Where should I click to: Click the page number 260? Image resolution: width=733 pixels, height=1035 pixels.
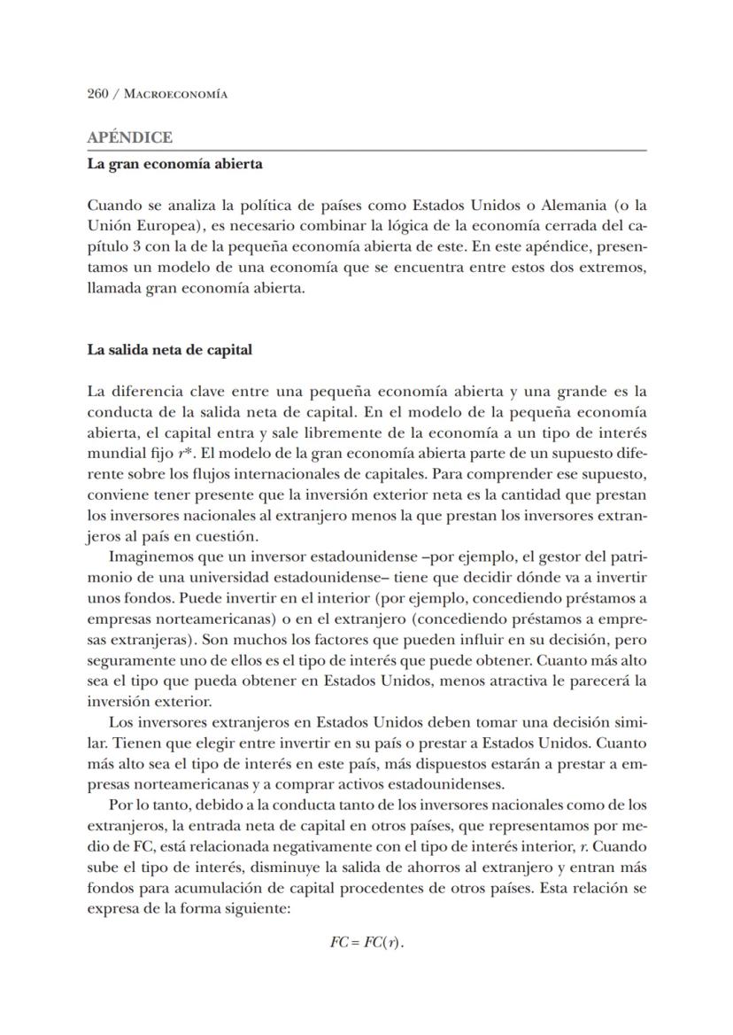pyautogui.click(x=97, y=94)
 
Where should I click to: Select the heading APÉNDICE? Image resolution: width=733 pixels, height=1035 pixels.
pyautogui.click(x=129, y=138)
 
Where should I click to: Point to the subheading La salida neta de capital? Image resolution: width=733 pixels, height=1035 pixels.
pyautogui.click(x=169, y=350)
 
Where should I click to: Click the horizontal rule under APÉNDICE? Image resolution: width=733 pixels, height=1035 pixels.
pyautogui.click(x=366, y=151)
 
